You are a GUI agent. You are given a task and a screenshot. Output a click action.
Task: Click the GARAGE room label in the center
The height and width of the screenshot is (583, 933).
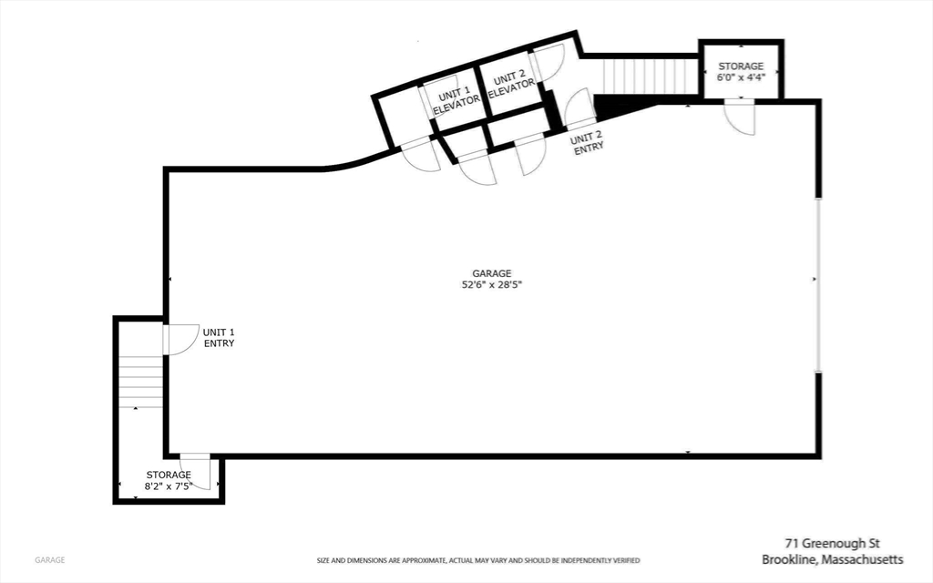click(491, 273)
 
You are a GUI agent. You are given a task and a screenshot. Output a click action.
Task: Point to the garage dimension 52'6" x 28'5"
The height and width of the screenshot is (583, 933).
click(491, 285)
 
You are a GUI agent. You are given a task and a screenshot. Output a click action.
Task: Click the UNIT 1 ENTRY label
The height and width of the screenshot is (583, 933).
click(219, 338)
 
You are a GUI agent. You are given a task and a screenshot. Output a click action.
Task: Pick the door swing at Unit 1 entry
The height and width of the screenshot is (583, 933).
click(179, 339)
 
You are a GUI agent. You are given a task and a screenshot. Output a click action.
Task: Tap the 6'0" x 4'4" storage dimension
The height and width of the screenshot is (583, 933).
click(741, 78)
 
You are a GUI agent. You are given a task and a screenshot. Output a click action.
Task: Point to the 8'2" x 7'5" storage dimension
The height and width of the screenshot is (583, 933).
click(169, 487)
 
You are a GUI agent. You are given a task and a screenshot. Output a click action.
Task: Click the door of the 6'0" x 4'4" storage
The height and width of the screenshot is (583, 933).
click(740, 117)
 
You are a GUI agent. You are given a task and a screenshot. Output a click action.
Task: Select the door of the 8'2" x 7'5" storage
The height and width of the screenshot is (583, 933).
click(196, 471)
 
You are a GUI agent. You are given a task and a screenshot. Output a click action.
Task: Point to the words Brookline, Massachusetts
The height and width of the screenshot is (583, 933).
click(832, 558)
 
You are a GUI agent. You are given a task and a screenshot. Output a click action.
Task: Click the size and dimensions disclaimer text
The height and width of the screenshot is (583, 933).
click(477, 560)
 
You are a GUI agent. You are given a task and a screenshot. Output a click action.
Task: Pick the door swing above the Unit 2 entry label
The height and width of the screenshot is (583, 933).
click(579, 111)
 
